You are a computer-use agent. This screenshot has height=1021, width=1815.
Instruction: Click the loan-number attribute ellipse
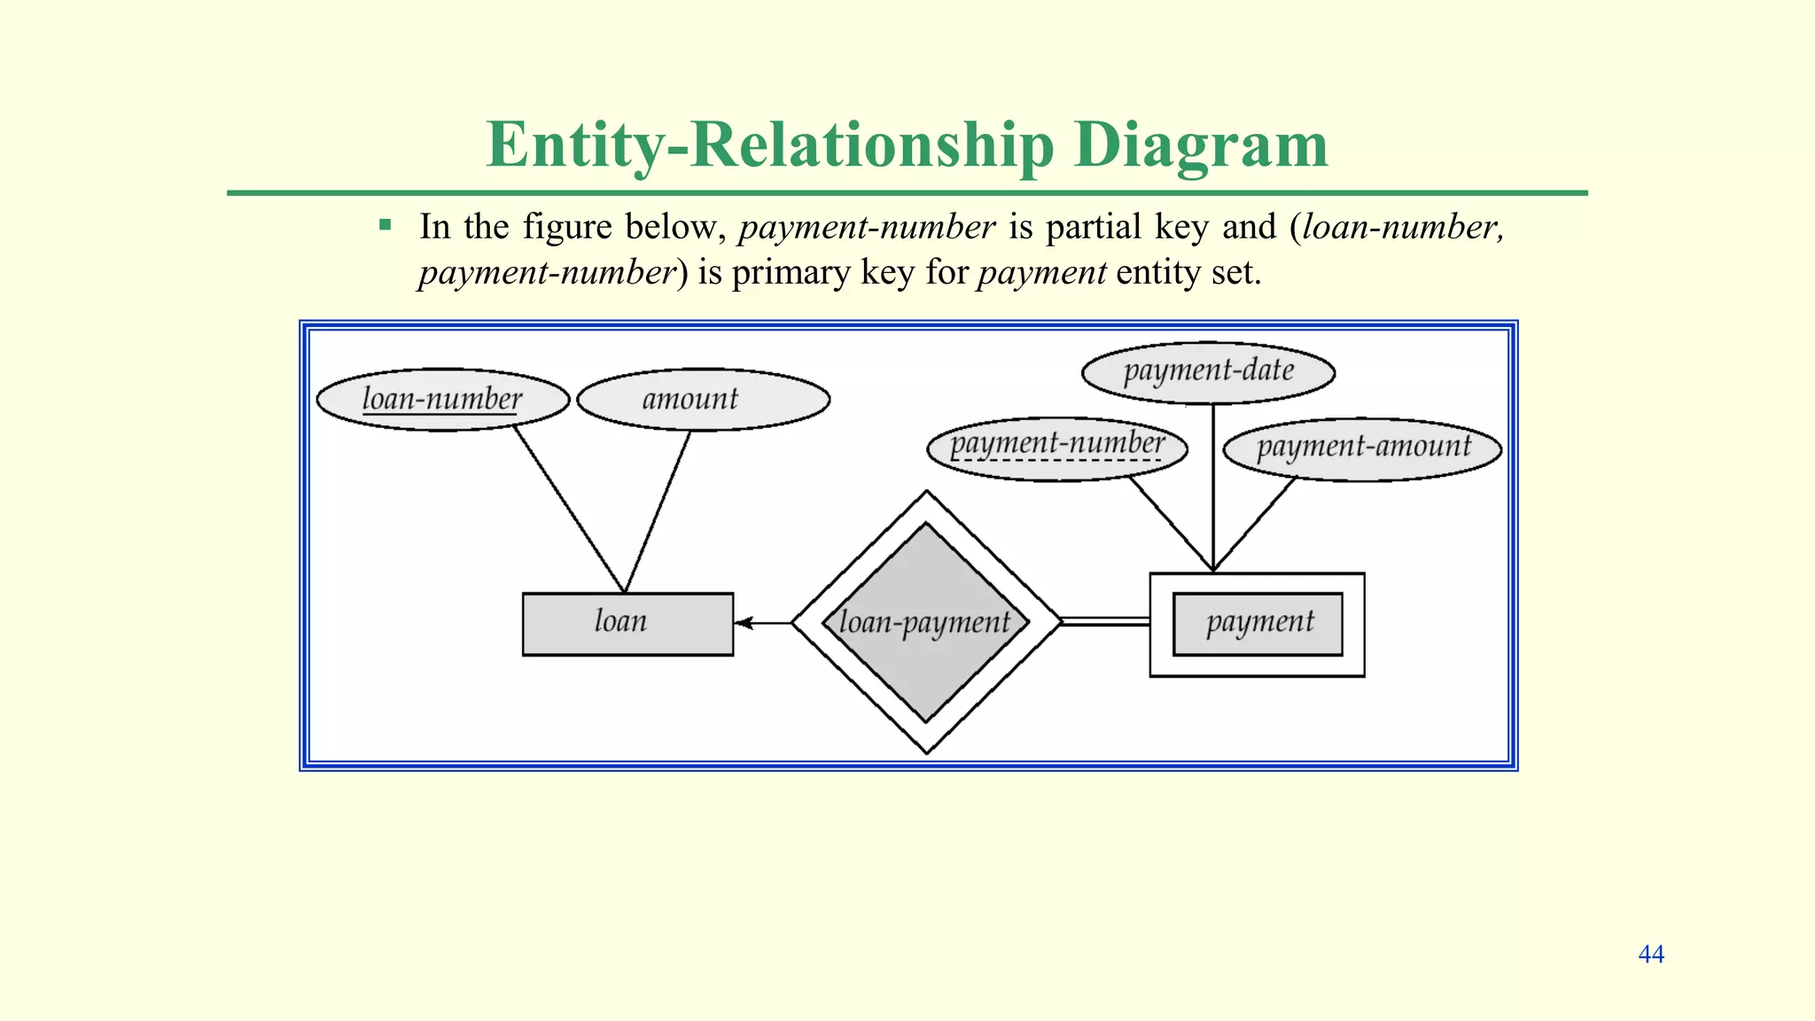click(x=442, y=400)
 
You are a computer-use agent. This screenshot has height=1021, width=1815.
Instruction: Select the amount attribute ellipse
click(x=703, y=400)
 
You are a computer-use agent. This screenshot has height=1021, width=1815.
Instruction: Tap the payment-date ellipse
click(x=1208, y=371)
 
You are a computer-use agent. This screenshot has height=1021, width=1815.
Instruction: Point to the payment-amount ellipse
click(x=1362, y=448)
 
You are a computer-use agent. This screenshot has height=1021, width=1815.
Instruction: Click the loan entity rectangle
click(x=627, y=624)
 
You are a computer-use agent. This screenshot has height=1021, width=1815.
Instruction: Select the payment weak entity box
click(x=1257, y=624)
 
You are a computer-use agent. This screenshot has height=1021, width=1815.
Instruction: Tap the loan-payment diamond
click(x=926, y=622)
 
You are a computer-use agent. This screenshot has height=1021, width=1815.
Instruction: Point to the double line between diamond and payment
click(x=1104, y=621)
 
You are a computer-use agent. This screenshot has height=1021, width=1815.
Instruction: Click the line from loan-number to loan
click(x=569, y=510)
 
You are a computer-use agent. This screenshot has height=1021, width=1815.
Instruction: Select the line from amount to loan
click(x=658, y=511)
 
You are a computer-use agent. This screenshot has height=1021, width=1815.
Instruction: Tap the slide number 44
click(x=1650, y=955)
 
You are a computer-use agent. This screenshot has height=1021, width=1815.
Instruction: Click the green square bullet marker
click(x=385, y=225)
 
